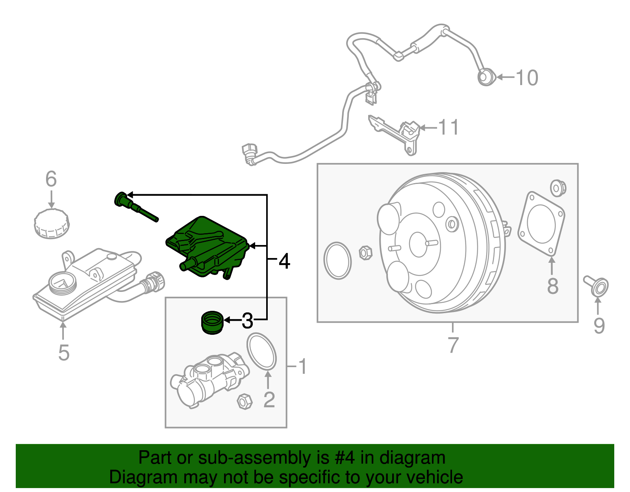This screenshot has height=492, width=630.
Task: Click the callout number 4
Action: [284, 261]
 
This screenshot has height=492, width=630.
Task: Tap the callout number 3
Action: [247, 321]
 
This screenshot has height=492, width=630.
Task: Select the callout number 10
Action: [527, 78]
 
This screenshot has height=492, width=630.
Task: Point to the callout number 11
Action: [448, 128]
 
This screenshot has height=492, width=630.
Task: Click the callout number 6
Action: [51, 179]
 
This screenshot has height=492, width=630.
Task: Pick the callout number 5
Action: [63, 352]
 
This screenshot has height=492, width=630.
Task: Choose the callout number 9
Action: [599, 325]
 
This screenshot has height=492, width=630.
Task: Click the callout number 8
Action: [553, 286]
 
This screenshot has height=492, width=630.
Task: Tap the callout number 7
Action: [453, 345]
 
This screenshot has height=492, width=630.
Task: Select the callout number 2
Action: [269, 399]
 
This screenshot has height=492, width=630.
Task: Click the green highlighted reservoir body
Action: [207, 246]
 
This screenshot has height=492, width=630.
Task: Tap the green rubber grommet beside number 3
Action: [212, 322]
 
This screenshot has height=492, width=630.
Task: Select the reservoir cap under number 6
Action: [52, 224]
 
